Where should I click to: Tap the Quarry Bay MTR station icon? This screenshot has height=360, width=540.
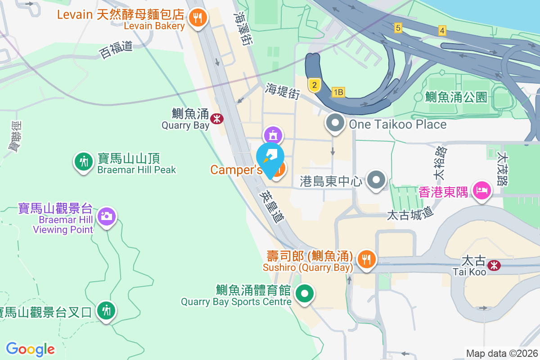tap(217, 118)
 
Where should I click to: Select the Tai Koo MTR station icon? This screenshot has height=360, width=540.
tap(494, 265)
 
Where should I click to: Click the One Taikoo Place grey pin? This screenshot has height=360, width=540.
tap(335, 123)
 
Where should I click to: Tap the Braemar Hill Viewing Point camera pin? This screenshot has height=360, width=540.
tap(107, 216)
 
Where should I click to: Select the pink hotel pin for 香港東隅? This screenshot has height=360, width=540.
tap(481, 190)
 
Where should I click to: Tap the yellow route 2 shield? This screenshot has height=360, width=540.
tap(314, 85)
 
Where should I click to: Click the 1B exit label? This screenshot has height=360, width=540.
tap(338, 92)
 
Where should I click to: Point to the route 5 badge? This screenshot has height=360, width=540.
tap(397, 28)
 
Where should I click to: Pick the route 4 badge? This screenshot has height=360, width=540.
tap(442, 31)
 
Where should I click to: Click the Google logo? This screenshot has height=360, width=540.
tap(30, 349)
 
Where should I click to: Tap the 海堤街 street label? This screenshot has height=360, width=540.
tap(283, 90)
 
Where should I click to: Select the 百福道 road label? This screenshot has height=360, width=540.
tap(116, 49)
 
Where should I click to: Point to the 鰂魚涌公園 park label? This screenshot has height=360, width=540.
tap(455, 97)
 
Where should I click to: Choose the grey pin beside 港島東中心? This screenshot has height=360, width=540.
tap(377, 180)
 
